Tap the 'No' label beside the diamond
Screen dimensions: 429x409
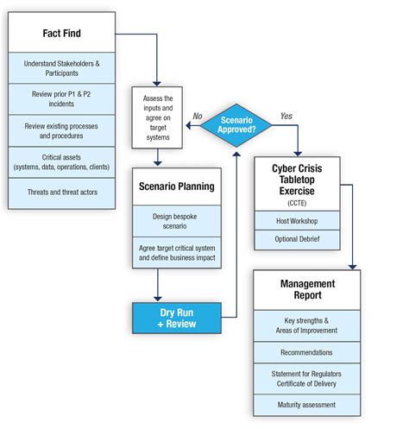click(x=197, y=115)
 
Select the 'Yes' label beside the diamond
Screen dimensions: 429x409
click(x=286, y=115)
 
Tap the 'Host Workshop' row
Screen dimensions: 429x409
click(x=297, y=220)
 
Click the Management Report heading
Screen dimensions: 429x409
click(x=307, y=291)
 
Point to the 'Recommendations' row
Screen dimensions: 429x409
click(x=307, y=353)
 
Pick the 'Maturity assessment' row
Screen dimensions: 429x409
click(x=307, y=404)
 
